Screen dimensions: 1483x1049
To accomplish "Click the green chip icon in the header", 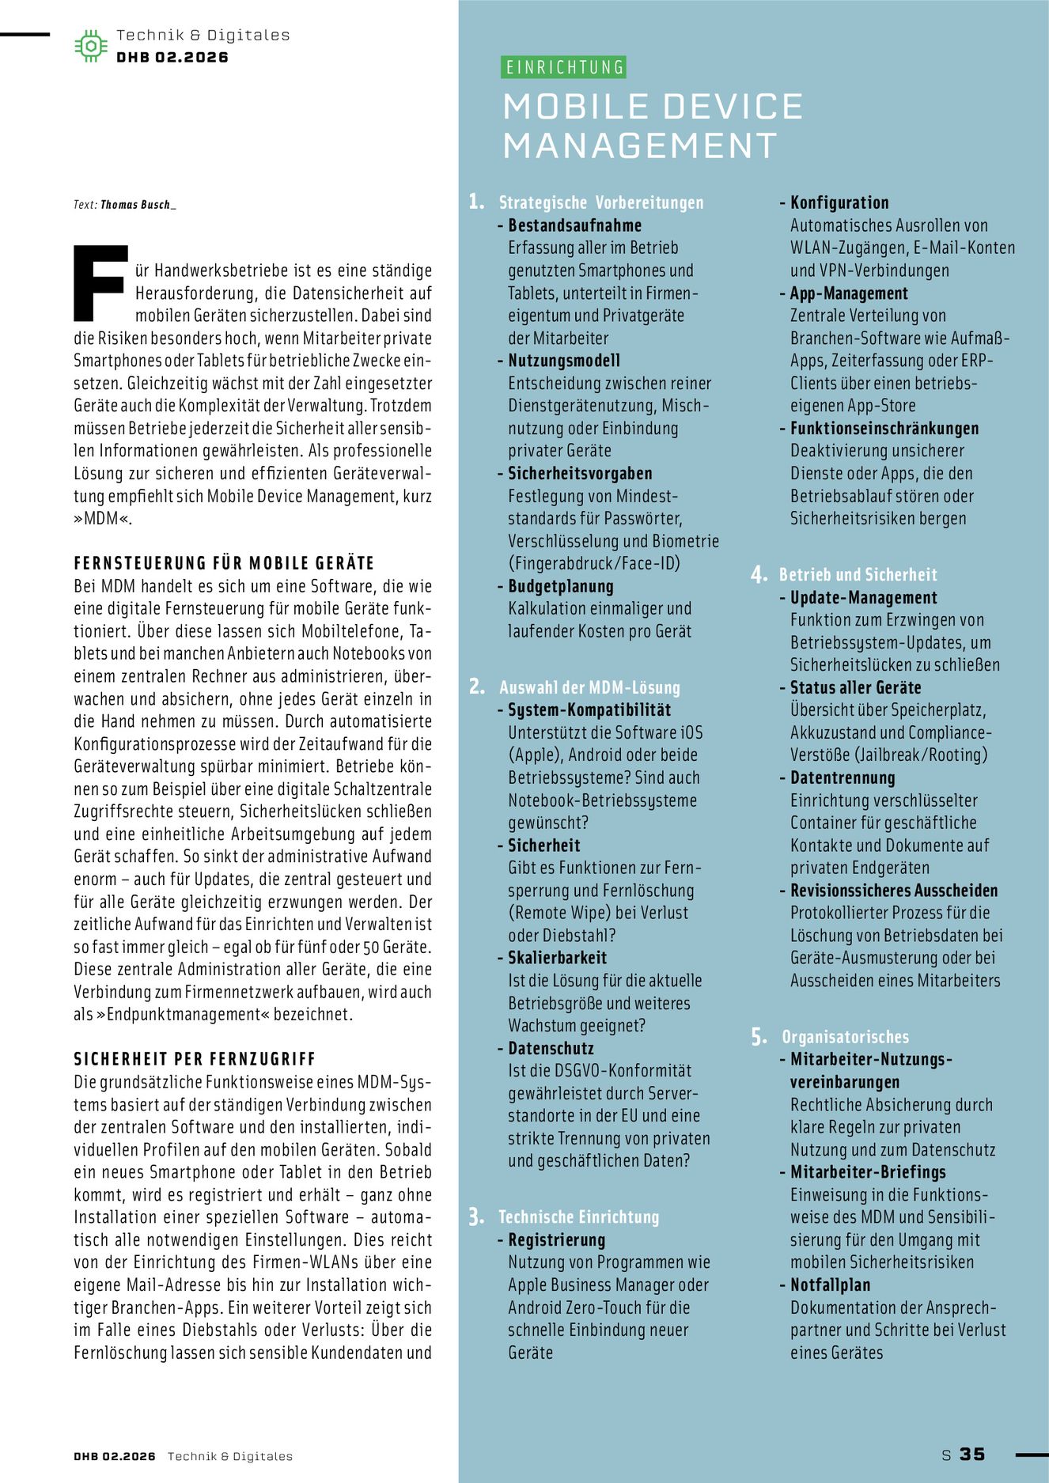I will coord(91,46).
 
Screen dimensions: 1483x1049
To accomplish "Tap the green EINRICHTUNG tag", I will coord(564,67).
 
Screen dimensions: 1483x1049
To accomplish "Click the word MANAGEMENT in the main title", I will coord(640,146).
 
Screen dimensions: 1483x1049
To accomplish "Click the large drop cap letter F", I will coord(100,283).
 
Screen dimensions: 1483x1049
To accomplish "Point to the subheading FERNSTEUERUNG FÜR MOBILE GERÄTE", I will coord(224,563).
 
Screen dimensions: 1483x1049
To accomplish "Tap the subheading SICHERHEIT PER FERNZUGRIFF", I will coord(195,1059).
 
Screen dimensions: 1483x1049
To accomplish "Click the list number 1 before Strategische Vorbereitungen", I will coord(476,202).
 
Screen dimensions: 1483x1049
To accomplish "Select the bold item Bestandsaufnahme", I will coord(574,225).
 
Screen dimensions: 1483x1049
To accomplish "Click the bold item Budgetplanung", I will coord(560,586).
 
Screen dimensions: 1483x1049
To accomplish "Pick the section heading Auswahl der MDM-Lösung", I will coord(589,687).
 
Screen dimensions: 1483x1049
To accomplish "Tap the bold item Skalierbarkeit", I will coord(557,958).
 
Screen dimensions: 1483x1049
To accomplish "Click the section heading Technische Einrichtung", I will coord(578,1217).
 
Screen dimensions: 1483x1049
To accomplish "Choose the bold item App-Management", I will coord(849,293).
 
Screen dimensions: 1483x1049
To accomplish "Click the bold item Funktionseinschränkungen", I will coord(884,429).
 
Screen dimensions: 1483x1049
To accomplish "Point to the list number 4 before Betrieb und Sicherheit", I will coord(759,575).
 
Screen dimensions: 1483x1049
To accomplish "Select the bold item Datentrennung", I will coord(843,777).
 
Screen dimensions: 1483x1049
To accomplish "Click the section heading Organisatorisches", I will coord(845,1037).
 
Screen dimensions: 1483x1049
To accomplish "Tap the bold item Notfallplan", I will coord(830,1285).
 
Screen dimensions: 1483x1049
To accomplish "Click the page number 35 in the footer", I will coord(972,1454).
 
